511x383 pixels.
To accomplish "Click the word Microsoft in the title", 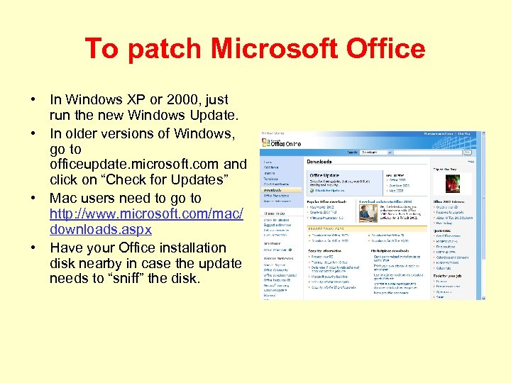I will click(x=260, y=49).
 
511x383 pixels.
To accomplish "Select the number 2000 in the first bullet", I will click(x=177, y=100).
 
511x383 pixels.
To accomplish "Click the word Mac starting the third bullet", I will click(x=63, y=198).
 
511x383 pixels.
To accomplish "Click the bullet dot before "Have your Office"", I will click(x=33, y=248).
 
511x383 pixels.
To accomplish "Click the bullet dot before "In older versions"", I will click(x=33, y=133).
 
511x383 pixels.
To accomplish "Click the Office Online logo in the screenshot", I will click(x=282, y=143).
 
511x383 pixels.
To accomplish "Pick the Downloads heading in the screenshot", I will click(x=319, y=162).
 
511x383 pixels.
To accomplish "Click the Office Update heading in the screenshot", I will click(x=325, y=174).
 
